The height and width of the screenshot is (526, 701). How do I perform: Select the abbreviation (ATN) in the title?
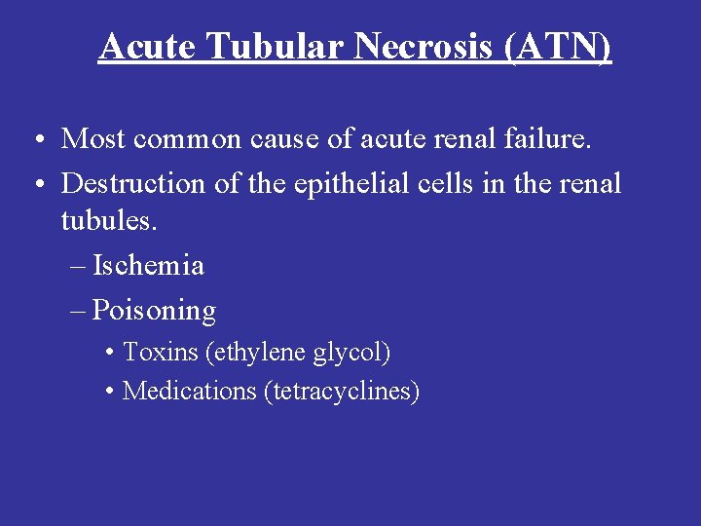click(x=558, y=46)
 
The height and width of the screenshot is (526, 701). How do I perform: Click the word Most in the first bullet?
click(x=93, y=139)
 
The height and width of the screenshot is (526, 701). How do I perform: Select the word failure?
click(x=549, y=139)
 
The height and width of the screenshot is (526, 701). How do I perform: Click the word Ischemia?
click(x=148, y=265)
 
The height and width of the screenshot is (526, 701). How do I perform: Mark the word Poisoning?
click(x=154, y=311)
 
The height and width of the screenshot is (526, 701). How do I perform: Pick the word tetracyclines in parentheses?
click(x=342, y=391)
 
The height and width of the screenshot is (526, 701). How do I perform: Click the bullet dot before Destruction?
click(x=34, y=184)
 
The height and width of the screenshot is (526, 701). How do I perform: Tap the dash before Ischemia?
click(x=79, y=266)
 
